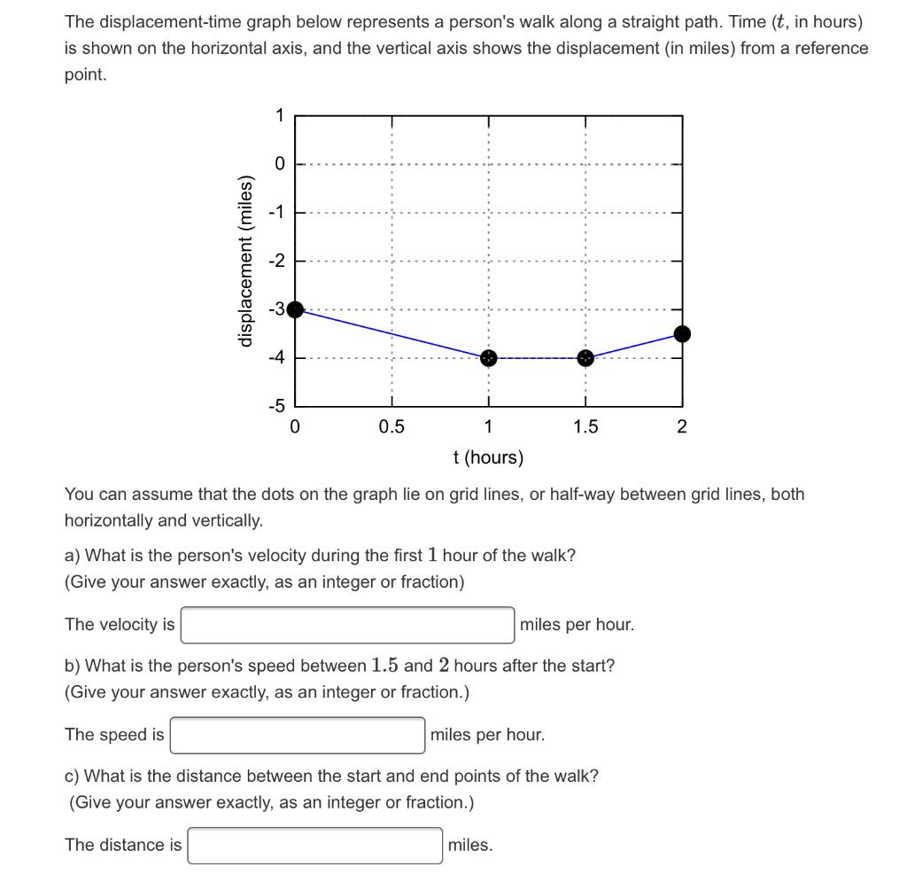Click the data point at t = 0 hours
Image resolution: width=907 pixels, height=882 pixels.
[296, 309]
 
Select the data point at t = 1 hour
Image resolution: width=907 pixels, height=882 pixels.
[488, 358]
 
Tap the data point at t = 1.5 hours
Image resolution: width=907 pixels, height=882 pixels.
[585, 358]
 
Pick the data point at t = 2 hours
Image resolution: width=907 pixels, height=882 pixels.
[682, 333]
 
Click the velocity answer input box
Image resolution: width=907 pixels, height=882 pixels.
[347, 625]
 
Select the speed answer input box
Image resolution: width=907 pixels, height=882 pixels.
[298, 735]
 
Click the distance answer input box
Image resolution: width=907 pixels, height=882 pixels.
[315, 845]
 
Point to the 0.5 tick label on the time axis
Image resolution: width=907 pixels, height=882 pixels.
[391, 426]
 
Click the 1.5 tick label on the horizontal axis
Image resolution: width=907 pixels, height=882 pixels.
[585, 426]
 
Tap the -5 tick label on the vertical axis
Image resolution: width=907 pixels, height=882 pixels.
[277, 407]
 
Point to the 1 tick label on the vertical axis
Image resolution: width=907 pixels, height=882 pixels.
[279, 115]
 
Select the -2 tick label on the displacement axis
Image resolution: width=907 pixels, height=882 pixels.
[277, 261]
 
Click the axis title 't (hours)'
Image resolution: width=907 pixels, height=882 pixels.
[488, 457]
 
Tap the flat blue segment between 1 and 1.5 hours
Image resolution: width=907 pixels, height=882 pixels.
[537, 358]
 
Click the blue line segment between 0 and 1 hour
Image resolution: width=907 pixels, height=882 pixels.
[391, 333]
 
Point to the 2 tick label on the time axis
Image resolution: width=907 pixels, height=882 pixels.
[681, 426]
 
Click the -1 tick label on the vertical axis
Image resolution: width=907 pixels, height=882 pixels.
[277, 213]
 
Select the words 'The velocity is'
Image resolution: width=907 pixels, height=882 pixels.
[120, 625]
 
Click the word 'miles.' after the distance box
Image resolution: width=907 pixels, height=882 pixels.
[470, 845]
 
